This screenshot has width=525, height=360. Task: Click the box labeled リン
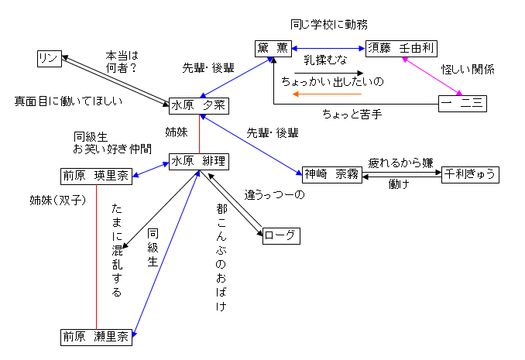[x=50, y=59]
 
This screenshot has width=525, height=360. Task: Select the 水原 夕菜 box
[x=198, y=105]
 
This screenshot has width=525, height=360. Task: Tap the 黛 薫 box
[x=273, y=48]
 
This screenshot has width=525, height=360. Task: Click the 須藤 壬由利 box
[x=400, y=48]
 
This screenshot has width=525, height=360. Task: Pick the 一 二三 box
[x=462, y=103]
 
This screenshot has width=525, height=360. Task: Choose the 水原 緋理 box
[x=199, y=163]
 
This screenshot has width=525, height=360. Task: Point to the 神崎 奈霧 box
[x=331, y=173]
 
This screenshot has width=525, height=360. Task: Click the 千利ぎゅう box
[x=469, y=173]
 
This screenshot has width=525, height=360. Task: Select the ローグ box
[x=280, y=234]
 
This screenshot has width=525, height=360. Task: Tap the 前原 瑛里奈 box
[x=97, y=176]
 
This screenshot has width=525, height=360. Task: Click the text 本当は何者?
[x=122, y=62]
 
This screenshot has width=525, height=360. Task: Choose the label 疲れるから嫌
[x=400, y=163]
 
